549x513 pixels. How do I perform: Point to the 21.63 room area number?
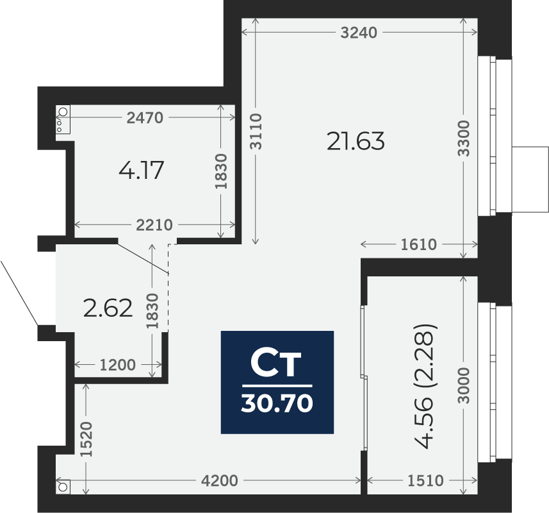click(356, 140)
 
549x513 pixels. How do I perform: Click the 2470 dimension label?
click(145, 117)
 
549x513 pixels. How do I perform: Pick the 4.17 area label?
click(142, 171)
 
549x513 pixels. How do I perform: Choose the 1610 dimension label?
click(418, 244)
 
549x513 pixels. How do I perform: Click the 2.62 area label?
click(108, 308)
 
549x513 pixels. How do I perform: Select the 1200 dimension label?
click(118, 365)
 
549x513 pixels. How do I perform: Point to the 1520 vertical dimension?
click(87, 439)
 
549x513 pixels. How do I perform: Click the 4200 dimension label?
click(220, 480)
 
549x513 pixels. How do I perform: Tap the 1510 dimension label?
click(425, 480)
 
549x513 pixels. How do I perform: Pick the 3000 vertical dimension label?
click(465, 385)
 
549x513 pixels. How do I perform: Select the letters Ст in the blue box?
click(276, 364)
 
